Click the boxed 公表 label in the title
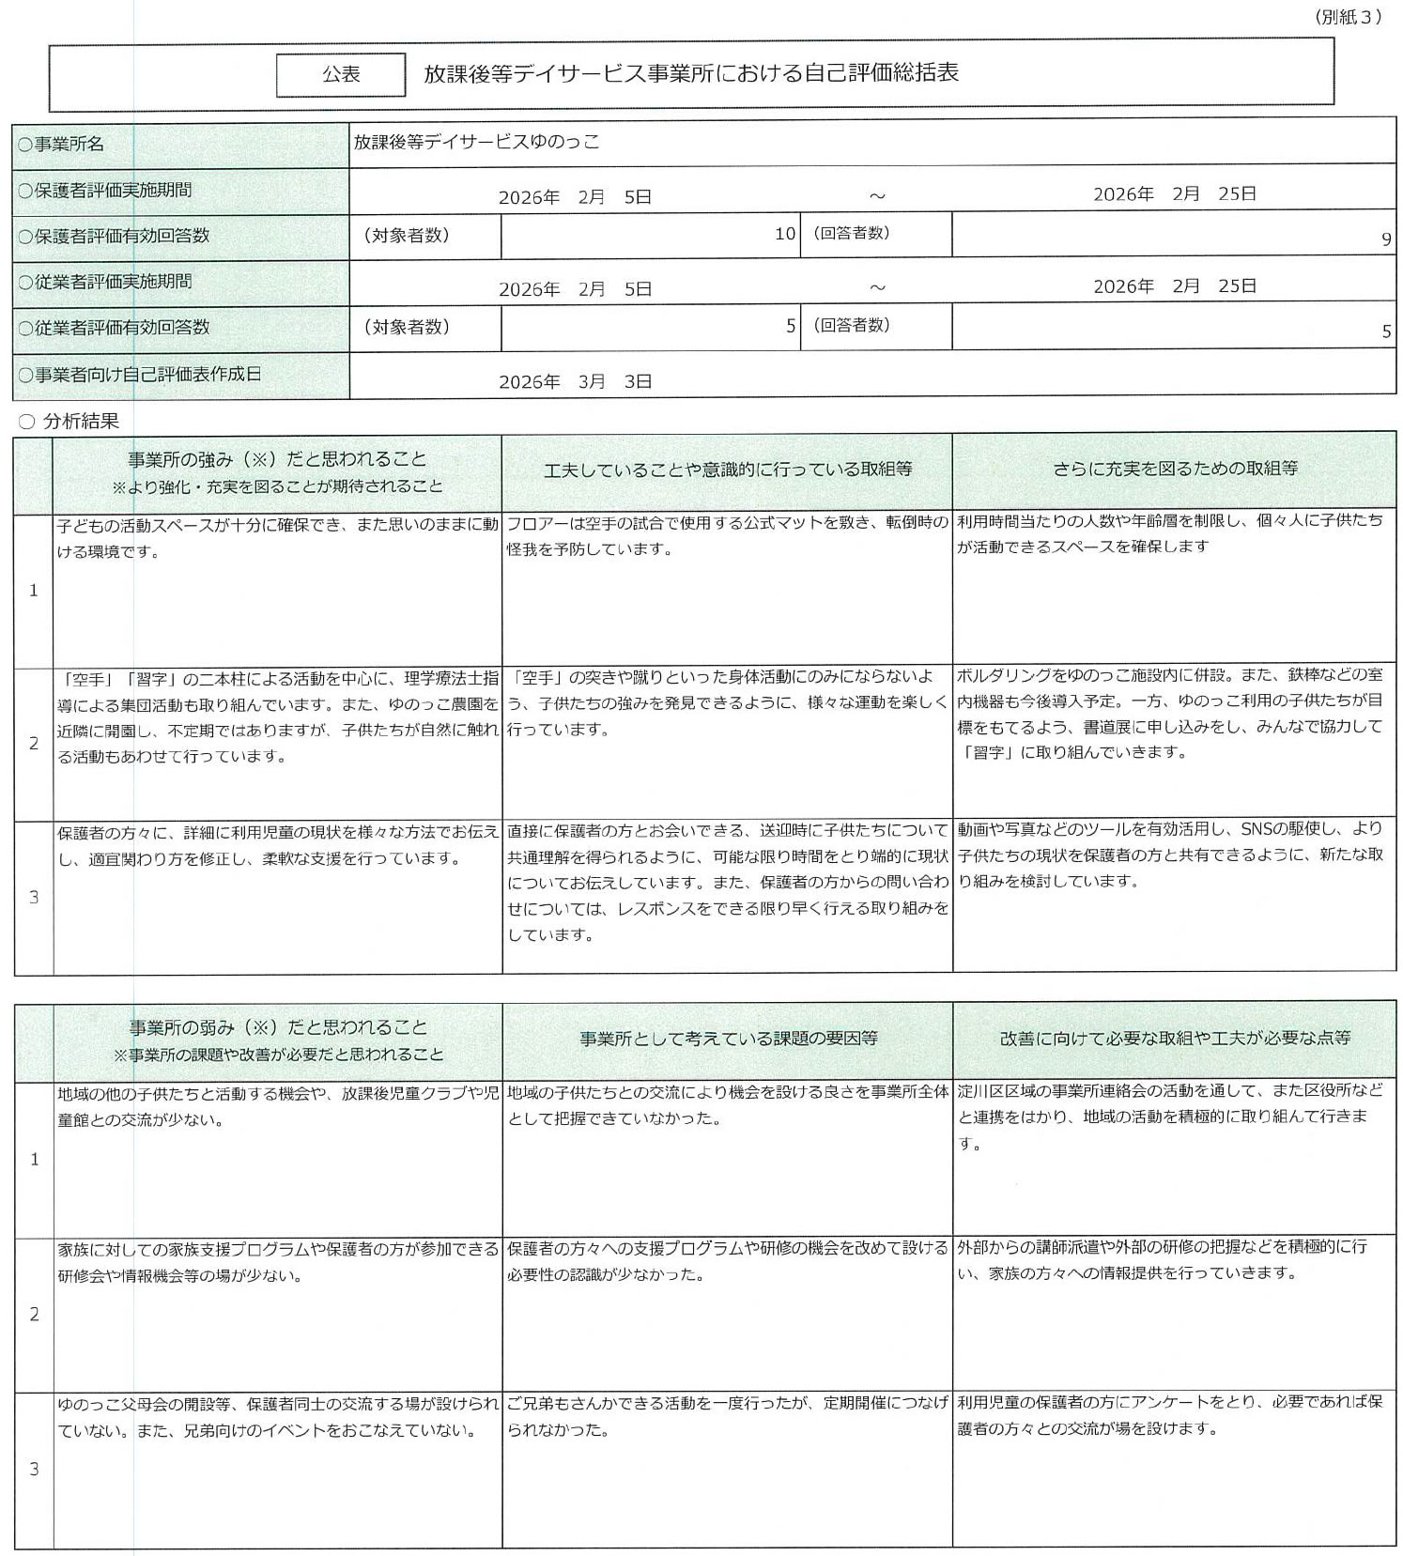[341, 75]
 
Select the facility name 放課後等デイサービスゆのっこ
[476, 142]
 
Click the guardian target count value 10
[785, 233]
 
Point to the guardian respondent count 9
[1386, 239]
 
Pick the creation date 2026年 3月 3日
[575, 381]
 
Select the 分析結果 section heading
[81, 422]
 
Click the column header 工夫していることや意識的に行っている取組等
[727, 469]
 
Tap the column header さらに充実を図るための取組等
[1174, 468]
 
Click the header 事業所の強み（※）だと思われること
[277, 459]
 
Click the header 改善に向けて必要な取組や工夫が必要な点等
[1174, 1038]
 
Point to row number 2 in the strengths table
[34, 743]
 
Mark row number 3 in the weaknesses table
[34, 1469]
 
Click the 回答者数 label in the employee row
[851, 325]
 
